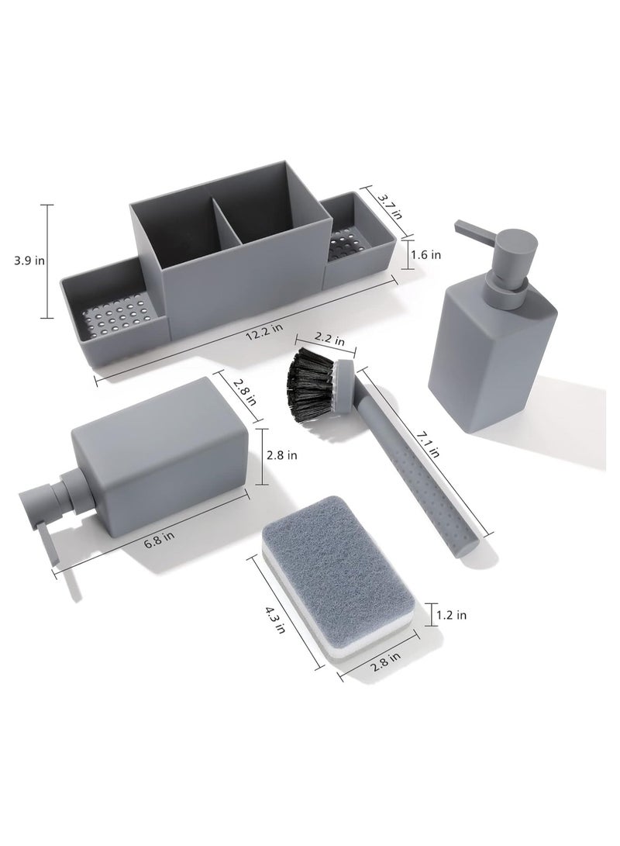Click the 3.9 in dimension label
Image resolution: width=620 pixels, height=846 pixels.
pyautogui.click(x=29, y=261)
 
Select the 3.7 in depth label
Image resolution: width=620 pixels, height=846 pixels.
pyautogui.click(x=389, y=206)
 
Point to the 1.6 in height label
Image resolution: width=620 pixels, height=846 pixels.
pyautogui.click(x=425, y=254)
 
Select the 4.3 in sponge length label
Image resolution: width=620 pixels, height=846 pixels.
pyautogui.click(x=275, y=620)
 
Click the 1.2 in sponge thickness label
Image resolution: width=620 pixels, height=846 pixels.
pyautogui.click(x=452, y=615)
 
